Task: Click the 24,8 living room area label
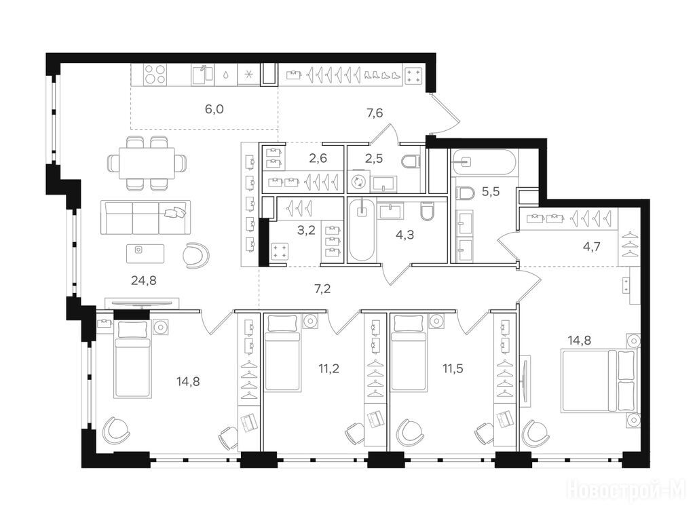[144, 280]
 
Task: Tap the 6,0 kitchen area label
[214, 109]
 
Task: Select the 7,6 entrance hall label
[375, 113]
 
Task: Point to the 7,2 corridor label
[322, 289]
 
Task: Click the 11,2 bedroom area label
[329, 368]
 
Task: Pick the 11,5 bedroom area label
[453, 368]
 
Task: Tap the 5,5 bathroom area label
[491, 191]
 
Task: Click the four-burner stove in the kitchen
[155, 75]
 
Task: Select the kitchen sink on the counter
[202, 75]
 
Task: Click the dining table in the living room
[147, 163]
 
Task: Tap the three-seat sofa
[145, 217]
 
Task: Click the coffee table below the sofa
[145, 254]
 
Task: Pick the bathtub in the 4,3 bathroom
[362, 231]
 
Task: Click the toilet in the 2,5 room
[411, 161]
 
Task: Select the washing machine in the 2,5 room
[360, 182]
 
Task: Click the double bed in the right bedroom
[599, 380]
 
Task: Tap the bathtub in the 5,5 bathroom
[483, 162]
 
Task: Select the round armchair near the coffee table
[196, 255]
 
